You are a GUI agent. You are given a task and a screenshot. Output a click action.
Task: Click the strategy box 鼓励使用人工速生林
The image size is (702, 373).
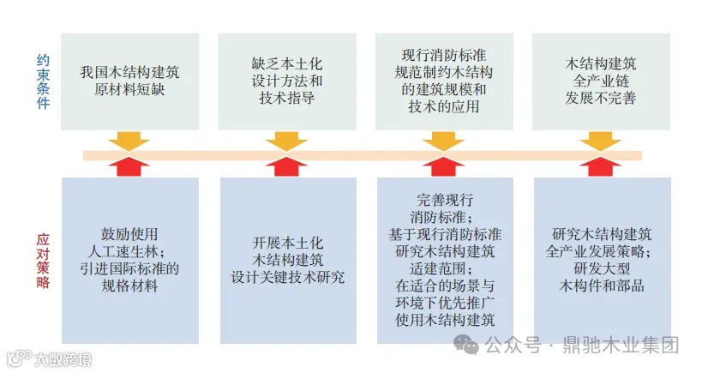(x=129, y=260)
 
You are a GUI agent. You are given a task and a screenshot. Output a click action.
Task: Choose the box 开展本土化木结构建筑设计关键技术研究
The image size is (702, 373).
(x=287, y=260)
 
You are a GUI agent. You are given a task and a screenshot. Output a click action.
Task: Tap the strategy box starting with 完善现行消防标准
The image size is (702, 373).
(x=445, y=260)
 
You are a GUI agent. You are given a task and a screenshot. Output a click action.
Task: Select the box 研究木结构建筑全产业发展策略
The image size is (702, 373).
(x=602, y=260)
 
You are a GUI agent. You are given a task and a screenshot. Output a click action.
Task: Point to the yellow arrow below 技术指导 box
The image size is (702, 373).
(x=286, y=140)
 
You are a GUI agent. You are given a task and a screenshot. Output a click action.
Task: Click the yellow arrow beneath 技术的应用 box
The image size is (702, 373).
(x=443, y=140)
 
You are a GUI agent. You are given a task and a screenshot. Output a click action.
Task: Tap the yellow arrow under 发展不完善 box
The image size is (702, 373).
(x=600, y=140)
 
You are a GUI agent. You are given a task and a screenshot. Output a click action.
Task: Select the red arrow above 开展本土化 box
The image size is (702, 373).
(x=286, y=167)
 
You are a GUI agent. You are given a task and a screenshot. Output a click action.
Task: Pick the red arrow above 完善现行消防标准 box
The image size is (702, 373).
(x=443, y=167)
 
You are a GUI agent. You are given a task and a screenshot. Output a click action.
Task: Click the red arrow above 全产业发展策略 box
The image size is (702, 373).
(x=600, y=167)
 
